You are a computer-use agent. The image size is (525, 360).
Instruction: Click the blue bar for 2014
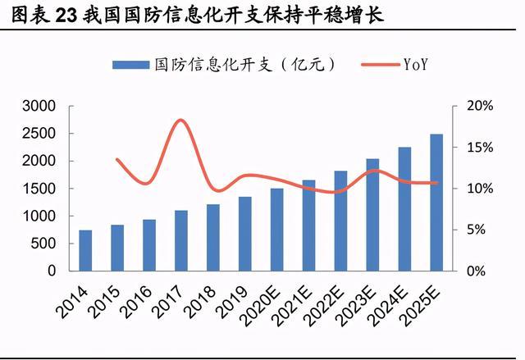click(x=85, y=250)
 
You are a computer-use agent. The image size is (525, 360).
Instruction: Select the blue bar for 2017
click(x=180, y=240)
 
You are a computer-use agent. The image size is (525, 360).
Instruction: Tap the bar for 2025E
click(x=436, y=203)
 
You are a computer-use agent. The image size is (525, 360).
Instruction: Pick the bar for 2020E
click(x=276, y=230)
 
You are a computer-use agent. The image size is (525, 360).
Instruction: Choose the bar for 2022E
click(x=340, y=221)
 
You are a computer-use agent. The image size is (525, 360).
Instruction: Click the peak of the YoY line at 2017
click(x=180, y=121)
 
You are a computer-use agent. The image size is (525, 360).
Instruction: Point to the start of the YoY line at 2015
click(x=117, y=159)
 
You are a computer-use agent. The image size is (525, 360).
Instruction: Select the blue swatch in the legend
click(x=130, y=64)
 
